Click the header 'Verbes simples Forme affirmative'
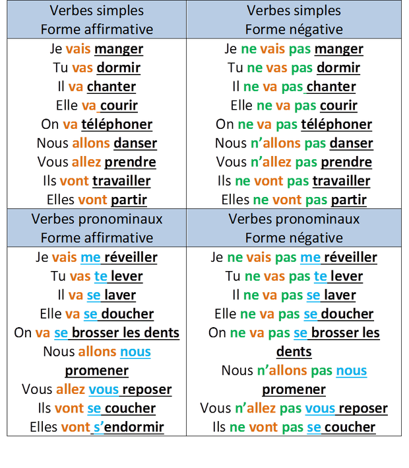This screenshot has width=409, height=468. click(96, 20)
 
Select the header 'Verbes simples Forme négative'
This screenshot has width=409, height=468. click(294, 20)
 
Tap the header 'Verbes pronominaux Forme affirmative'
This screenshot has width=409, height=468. click(96, 228)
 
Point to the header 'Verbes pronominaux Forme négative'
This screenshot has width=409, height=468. click(294, 228)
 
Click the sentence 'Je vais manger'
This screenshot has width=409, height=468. click(96, 49)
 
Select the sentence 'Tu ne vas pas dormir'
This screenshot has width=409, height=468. click(294, 67)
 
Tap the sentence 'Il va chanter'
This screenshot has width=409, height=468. click(96, 87)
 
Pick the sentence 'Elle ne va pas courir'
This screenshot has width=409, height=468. click(294, 105)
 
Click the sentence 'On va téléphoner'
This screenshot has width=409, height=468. click(96, 124)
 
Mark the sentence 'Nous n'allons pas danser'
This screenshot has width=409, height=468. click(294, 143)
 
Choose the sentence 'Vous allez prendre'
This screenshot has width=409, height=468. click(96, 161)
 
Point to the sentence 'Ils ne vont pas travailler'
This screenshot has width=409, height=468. click(294, 180)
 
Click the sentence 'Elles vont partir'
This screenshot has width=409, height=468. click(96, 199)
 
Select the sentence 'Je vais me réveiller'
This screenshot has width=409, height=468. click(96, 257)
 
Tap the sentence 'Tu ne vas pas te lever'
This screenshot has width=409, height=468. click(294, 276)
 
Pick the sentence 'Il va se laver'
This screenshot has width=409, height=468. click(96, 294)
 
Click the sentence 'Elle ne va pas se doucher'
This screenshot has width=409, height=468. click(294, 313)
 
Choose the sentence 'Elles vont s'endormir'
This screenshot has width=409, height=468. click(96, 426)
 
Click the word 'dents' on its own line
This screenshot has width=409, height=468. click(294, 350)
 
